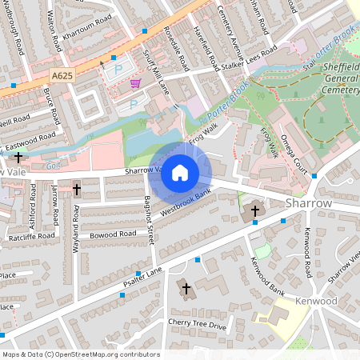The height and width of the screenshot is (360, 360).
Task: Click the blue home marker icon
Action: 180,172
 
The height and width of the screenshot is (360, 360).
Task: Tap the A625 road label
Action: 65,74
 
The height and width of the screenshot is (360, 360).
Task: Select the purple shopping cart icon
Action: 135,83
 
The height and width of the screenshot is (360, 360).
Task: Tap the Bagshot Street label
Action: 150,220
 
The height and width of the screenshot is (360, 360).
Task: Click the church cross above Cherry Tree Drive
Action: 186,288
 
